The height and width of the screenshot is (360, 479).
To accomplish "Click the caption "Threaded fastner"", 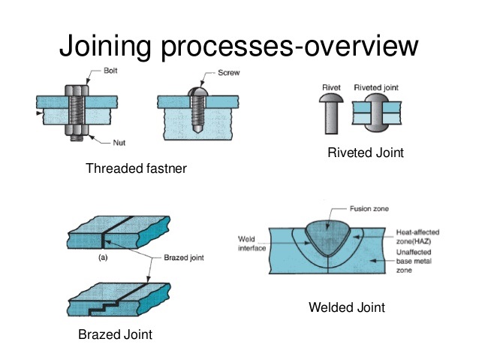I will click(137, 169).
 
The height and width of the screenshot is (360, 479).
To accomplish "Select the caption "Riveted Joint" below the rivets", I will click(366, 153).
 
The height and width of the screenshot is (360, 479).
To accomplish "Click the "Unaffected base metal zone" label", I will click(414, 264).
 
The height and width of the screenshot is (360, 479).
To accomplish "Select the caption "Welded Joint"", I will click(346, 308).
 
